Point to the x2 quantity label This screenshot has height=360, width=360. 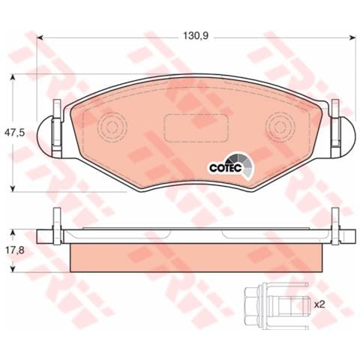pos(319,304)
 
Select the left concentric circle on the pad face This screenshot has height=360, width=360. pos(115,124)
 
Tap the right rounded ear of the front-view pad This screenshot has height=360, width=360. pos(343,133)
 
